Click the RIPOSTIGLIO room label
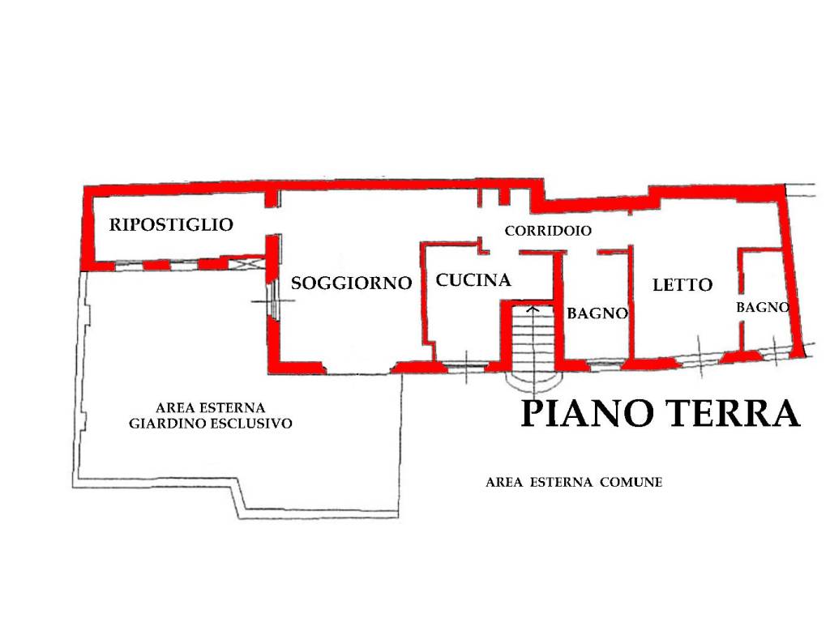171,224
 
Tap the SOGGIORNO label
351,283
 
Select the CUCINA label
473,280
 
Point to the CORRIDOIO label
548,231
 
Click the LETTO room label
682,285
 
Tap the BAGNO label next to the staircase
597,313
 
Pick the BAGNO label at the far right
762,308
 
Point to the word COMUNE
631,483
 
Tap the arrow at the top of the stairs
533,309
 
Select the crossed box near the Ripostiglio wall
246,264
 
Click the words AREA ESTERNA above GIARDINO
210,407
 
